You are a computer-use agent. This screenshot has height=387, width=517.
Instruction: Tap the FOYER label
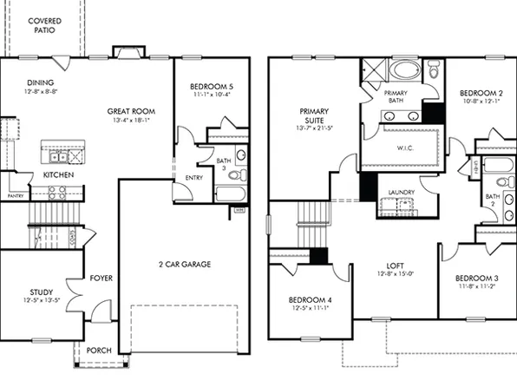101,279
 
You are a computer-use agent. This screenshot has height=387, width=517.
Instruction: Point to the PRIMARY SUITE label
313,116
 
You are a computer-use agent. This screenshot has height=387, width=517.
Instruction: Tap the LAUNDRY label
401,192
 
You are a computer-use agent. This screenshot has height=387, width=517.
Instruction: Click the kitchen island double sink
58,156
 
